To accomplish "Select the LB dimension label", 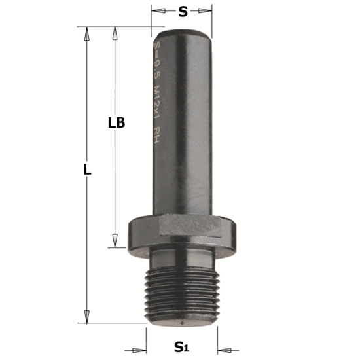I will [x=117, y=122].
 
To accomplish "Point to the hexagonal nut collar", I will [x=183, y=230].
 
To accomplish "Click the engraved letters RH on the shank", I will [x=158, y=135].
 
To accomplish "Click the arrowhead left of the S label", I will [x=155, y=11].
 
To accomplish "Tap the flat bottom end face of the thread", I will [x=183, y=321].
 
